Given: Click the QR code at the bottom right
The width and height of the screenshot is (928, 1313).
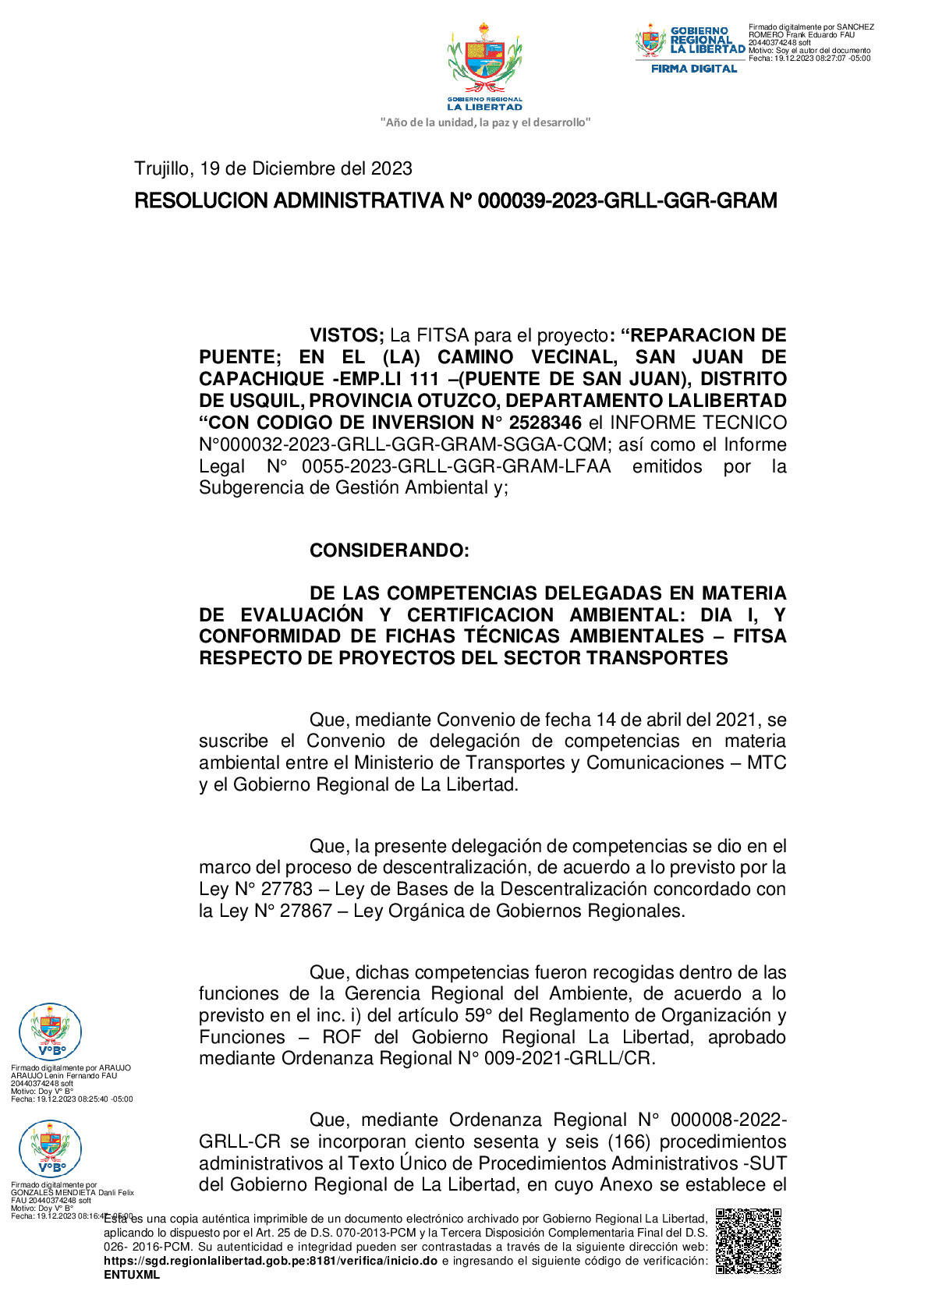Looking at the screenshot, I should pos(748,1240).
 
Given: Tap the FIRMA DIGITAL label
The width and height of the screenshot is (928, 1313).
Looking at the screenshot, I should pos(693,69).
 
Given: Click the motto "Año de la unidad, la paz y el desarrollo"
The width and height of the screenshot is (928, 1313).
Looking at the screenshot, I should pos(484,122).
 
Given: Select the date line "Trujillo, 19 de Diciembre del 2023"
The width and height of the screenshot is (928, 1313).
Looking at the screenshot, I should pos(273,168).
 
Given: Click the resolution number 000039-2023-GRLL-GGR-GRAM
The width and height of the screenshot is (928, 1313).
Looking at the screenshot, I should pos(627,201).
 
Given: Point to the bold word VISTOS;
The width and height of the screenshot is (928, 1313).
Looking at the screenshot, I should pos(346,335).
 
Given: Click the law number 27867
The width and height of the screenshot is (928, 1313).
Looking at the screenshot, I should pos(306,911).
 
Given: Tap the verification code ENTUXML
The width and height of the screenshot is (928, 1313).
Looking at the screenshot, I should pos(132,1275).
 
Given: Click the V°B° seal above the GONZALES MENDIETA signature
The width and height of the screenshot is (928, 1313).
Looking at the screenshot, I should pos(50,1148).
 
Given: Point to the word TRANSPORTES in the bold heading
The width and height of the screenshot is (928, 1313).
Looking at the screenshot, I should pos(657,658).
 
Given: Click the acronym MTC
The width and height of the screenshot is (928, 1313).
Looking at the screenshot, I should pos(766,763).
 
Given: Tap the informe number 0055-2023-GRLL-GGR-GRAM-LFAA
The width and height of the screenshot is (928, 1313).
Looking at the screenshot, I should pos(456,466).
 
